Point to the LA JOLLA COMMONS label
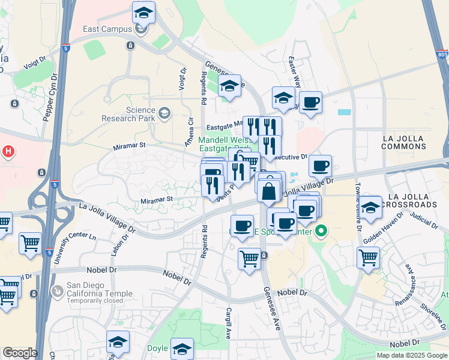pos(403,142)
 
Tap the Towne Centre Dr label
pos(358,198)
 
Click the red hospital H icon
pos(9,152)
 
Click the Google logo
pos(19,353)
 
